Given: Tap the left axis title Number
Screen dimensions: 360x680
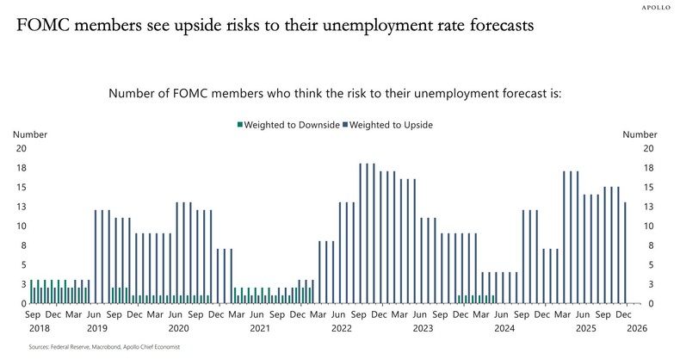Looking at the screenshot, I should [x=30, y=134].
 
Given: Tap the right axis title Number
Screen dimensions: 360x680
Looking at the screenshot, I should [x=639, y=134].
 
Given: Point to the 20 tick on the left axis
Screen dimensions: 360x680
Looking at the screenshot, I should [x=21, y=148].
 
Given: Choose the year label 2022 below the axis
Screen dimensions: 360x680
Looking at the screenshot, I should [x=341, y=328].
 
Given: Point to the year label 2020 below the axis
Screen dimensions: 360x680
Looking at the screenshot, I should [x=178, y=328].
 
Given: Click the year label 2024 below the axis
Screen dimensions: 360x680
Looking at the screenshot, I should [x=504, y=328].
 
